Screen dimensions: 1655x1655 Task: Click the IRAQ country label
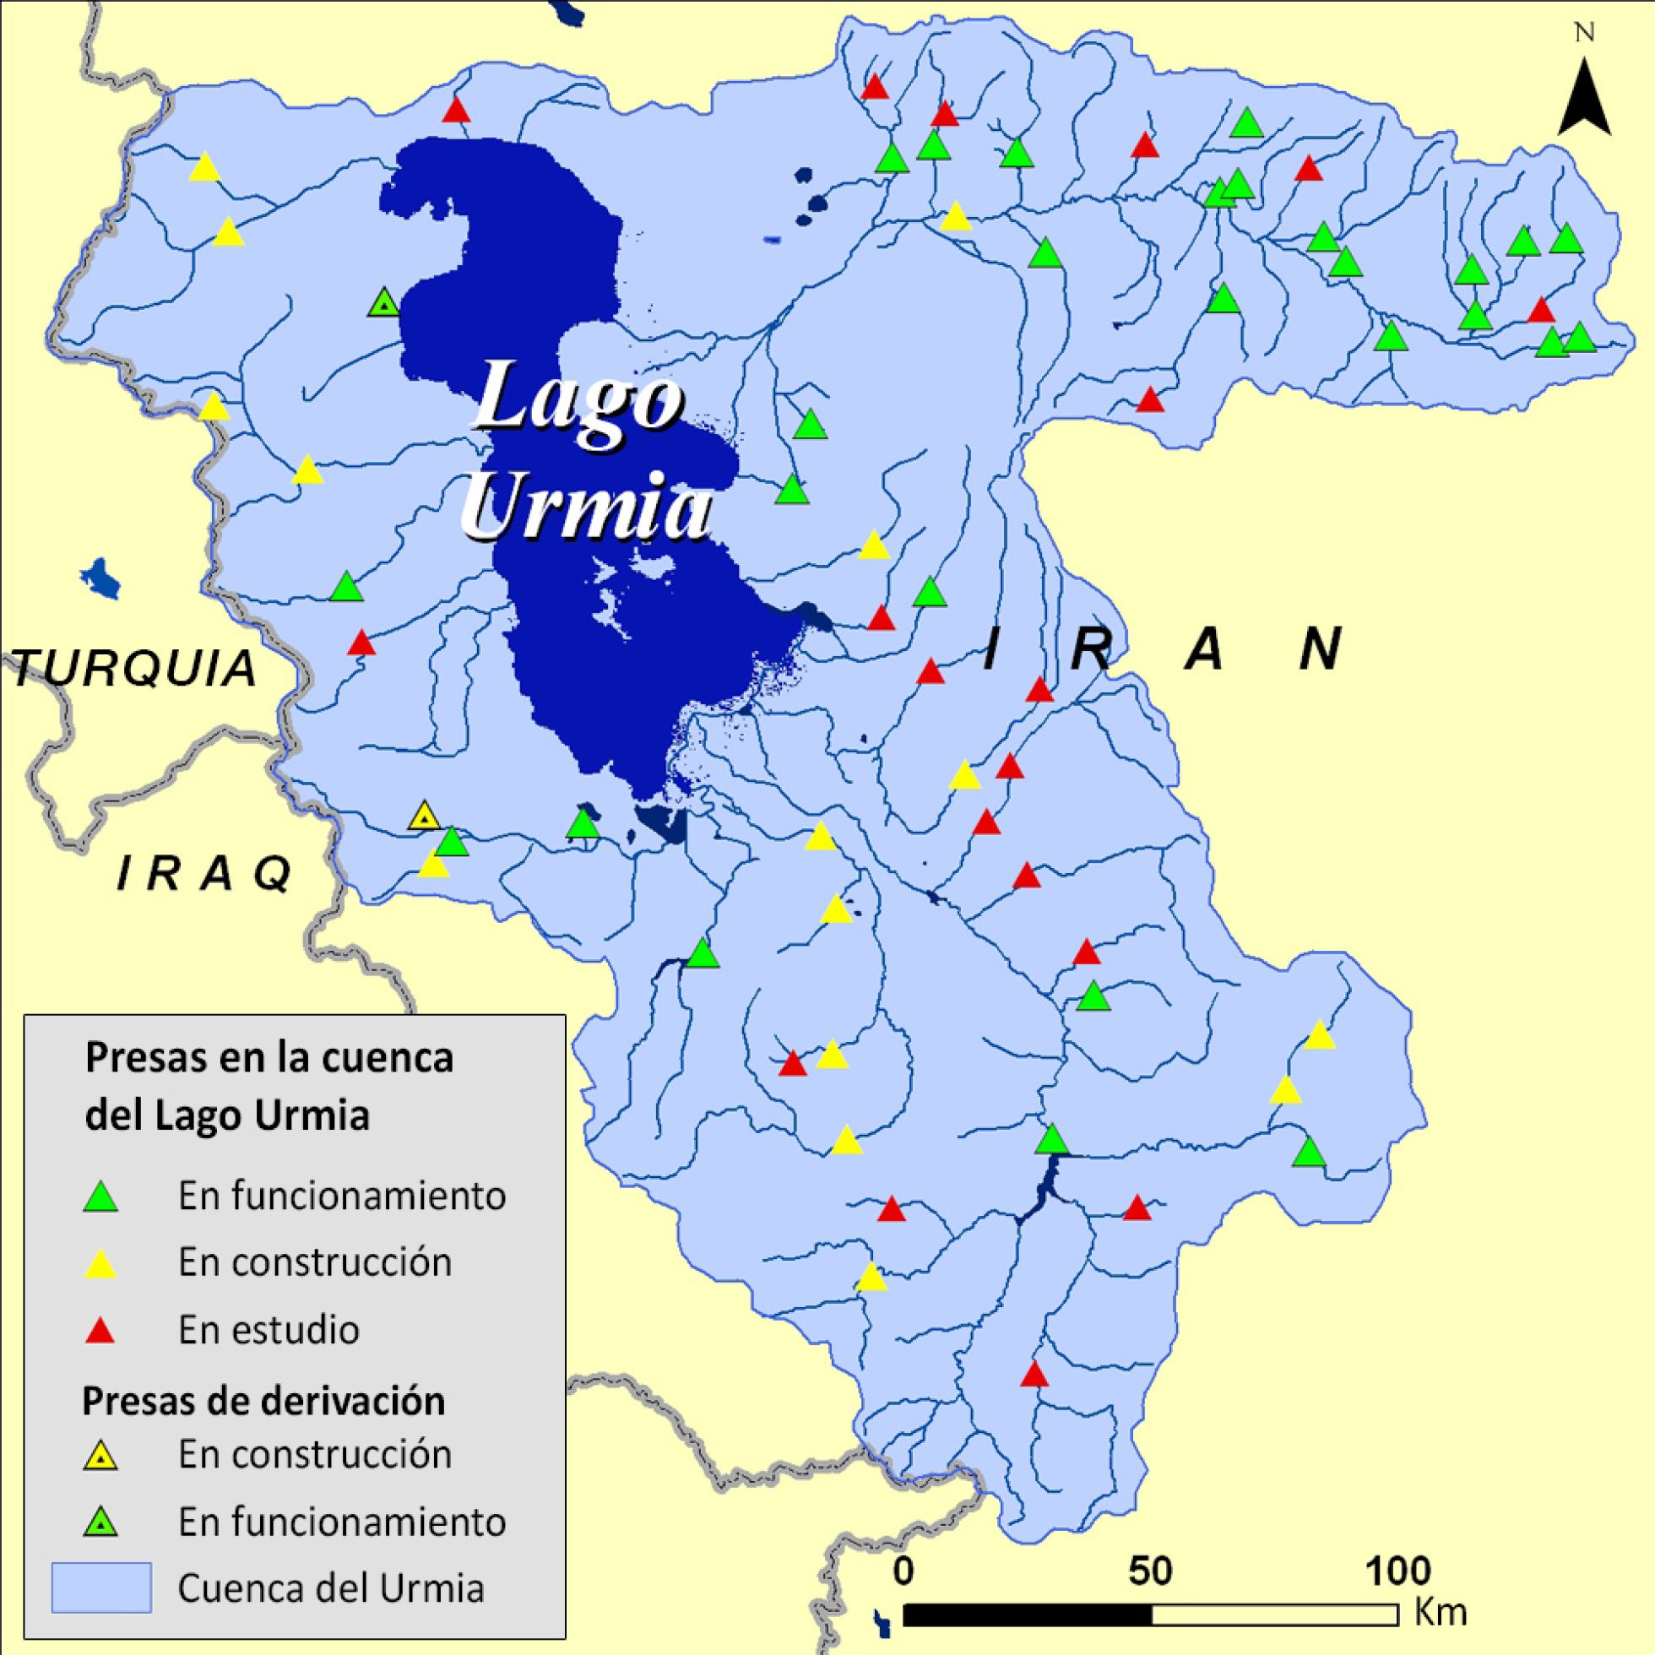(x=203, y=874)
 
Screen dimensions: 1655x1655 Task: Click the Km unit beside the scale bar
(x=1441, y=1611)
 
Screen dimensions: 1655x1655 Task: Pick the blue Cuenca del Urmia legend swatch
(x=101, y=1587)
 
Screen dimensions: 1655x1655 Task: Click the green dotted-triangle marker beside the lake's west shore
(x=383, y=302)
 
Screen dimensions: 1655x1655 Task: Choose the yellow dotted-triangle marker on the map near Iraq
(x=423, y=817)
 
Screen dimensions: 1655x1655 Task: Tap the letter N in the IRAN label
(x=1320, y=650)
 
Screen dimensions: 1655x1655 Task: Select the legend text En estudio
(x=269, y=1331)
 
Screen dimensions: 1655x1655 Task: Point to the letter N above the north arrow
(x=1584, y=34)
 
